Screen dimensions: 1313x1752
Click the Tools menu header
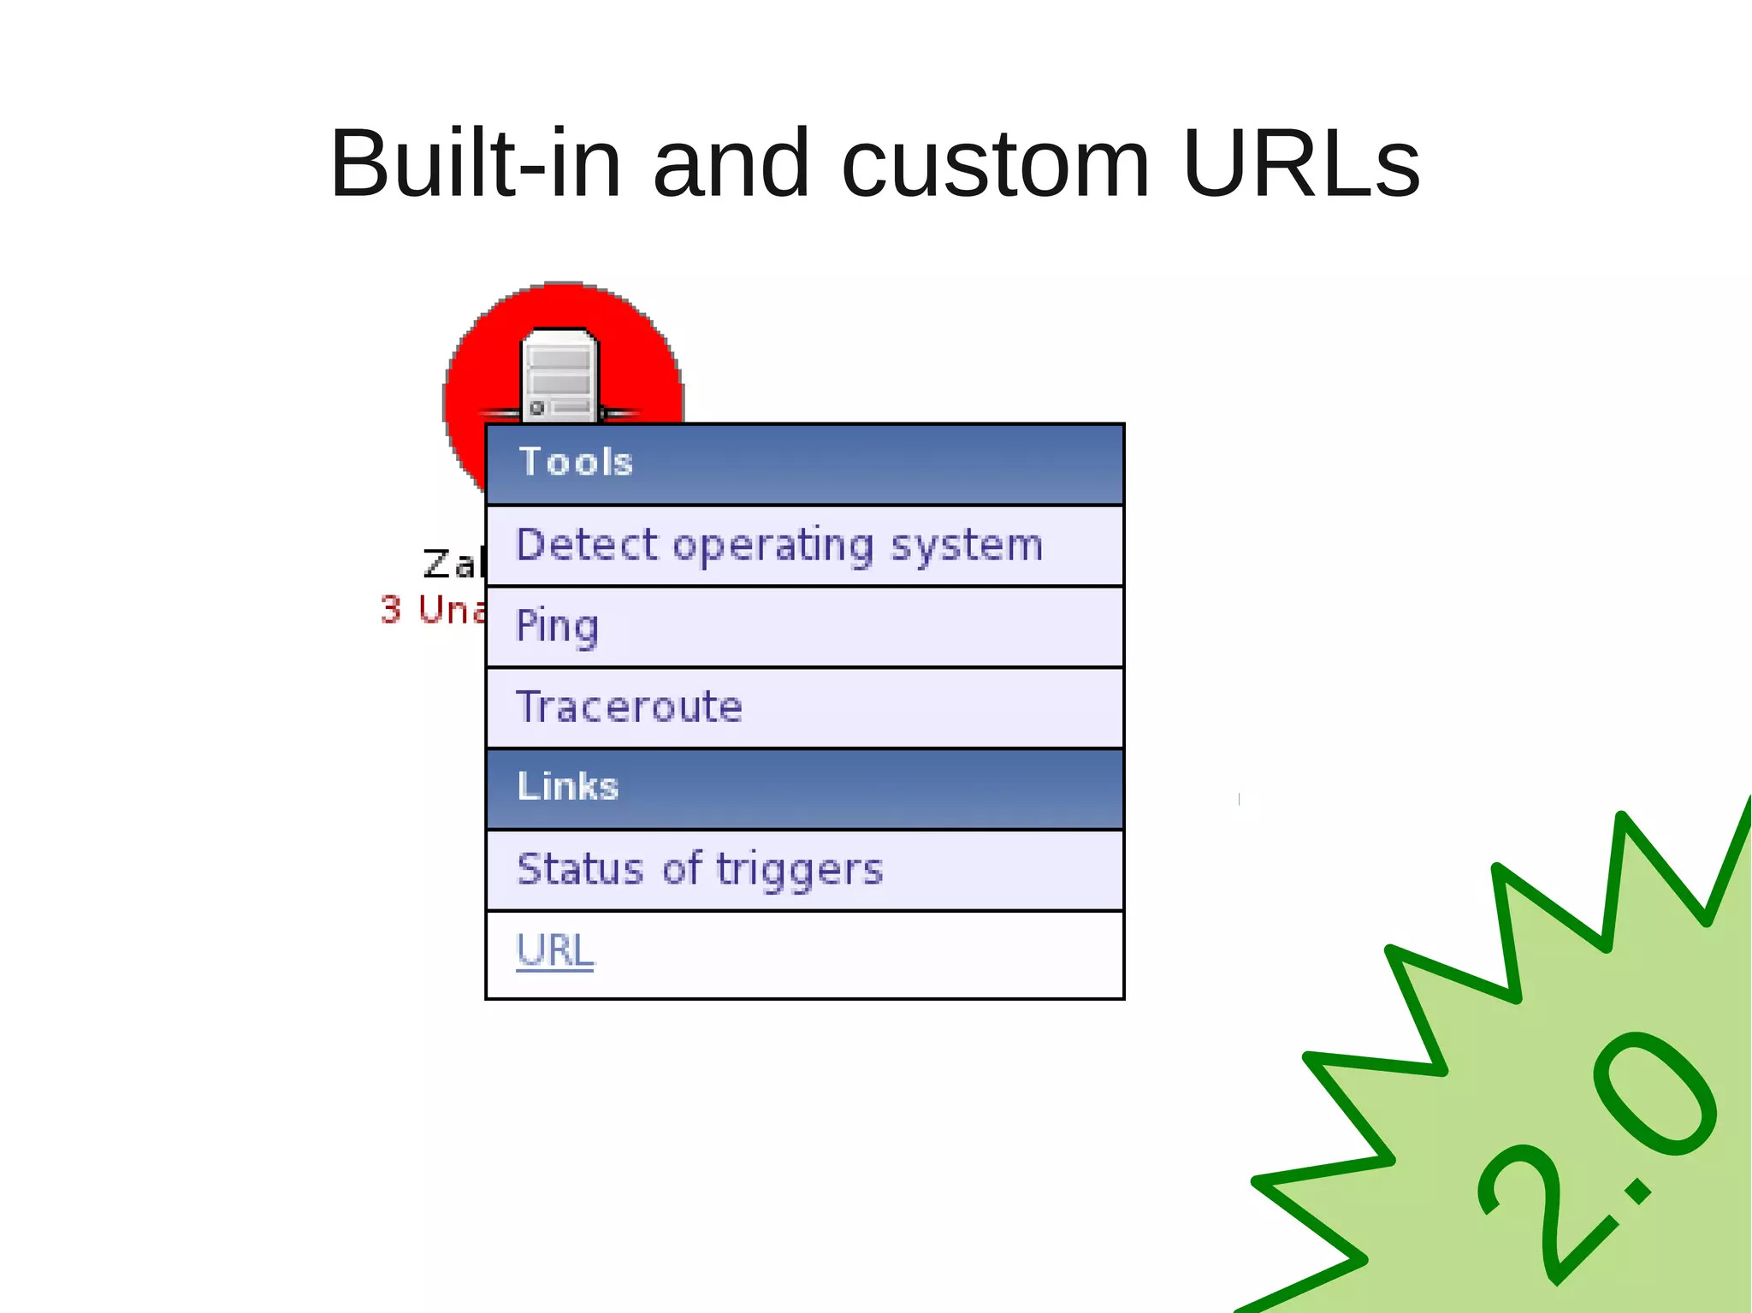tap(575, 463)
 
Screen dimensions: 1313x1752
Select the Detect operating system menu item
tap(778, 546)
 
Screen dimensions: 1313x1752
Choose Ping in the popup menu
tap(557, 626)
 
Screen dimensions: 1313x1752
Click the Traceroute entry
tap(630, 707)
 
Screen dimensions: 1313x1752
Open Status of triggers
tap(700, 870)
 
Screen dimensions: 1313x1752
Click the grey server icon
tap(559, 376)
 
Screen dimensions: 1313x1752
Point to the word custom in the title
tap(995, 164)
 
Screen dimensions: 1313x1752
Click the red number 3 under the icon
tap(391, 611)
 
